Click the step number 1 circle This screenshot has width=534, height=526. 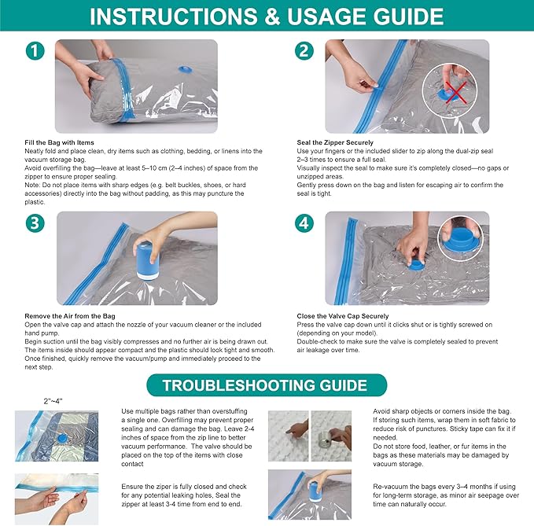[x=35, y=50]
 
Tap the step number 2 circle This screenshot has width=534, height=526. [x=305, y=50]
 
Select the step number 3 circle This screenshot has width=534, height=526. [x=35, y=223]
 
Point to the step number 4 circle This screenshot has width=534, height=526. [x=305, y=223]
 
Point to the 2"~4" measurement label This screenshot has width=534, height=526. [x=53, y=401]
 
